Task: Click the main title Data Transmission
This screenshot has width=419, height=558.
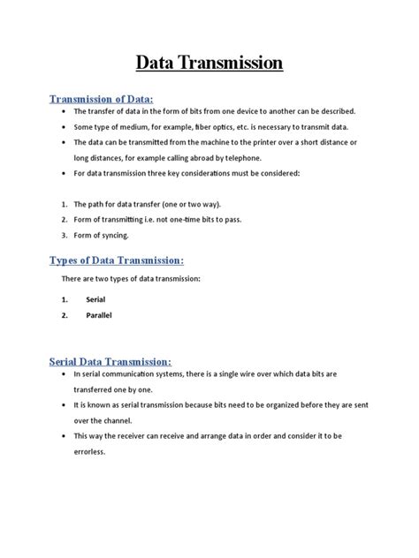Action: (209, 63)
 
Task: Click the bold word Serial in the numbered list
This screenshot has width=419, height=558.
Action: (95, 299)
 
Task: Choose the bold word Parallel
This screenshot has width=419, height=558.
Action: (99, 315)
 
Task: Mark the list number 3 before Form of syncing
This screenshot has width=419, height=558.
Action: (65, 234)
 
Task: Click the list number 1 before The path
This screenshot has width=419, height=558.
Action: (65, 204)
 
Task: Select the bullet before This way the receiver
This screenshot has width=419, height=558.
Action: (65, 436)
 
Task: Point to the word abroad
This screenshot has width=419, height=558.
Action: (202, 157)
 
